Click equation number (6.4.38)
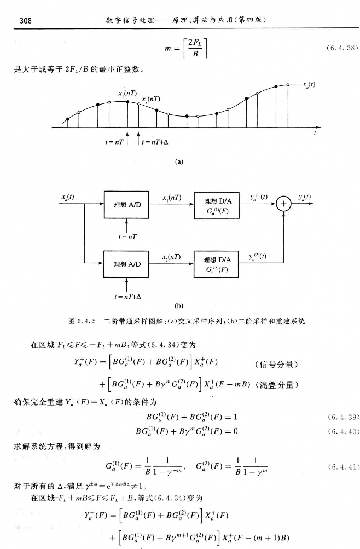point(342,48)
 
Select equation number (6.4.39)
point(342,417)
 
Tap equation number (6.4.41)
point(342,466)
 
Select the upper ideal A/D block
point(127,205)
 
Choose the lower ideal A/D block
point(127,264)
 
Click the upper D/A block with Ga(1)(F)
point(217,205)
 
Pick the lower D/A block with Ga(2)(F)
point(217,264)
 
